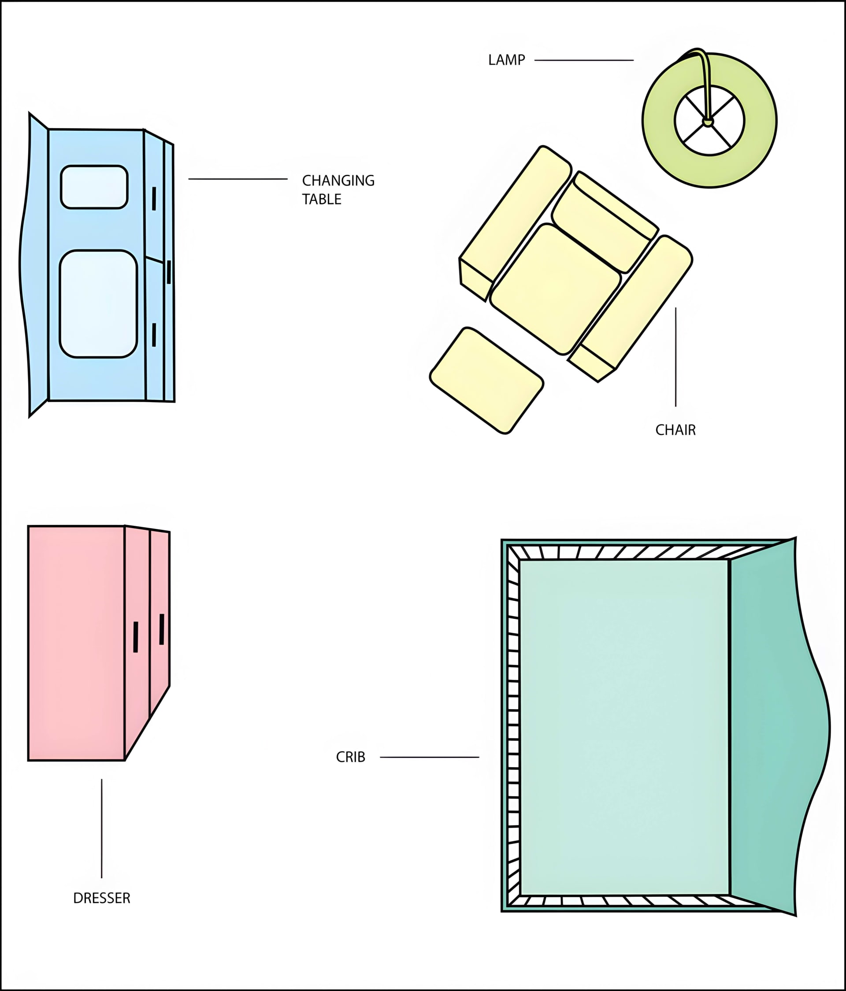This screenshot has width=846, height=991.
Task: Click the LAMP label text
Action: tap(506, 60)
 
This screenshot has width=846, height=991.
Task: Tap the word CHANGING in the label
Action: tap(338, 181)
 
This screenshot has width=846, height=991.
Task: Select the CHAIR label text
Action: tap(675, 430)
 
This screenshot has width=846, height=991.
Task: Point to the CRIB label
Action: tap(350, 757)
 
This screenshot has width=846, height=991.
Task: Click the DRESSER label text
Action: tap(101, 898)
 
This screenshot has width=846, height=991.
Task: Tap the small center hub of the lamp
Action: tap(708, 122)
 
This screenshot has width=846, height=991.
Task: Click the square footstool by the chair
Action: tap(486, 381)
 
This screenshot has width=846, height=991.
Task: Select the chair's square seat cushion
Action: tap(555, 289)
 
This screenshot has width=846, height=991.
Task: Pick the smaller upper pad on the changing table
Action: tap(94, 187)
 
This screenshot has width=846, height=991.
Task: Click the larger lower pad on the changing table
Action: tap(98, 304)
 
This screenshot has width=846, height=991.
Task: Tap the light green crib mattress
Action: tap(623, 727)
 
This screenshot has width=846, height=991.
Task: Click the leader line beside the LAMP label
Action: tap(584, 60)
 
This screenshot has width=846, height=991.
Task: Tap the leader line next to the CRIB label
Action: tap(429, 757)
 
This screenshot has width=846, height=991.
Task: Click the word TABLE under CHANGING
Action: tap(322, 200)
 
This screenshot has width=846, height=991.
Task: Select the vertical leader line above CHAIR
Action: tap(675, 357)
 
